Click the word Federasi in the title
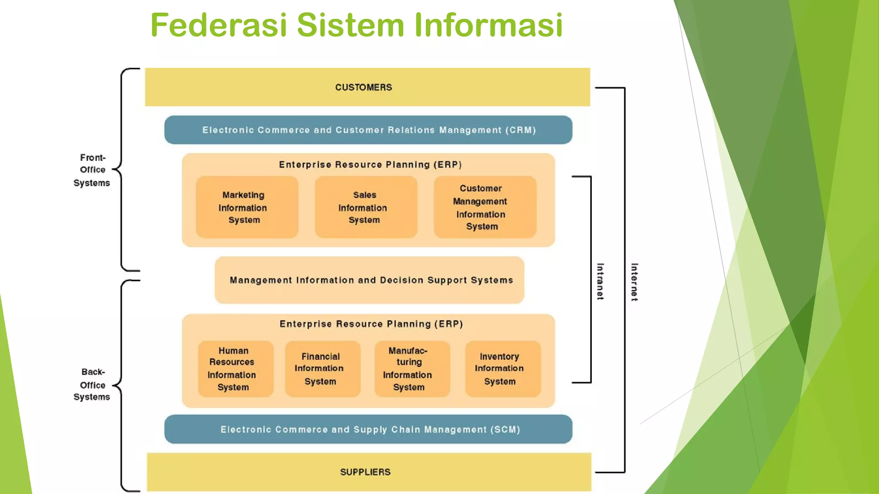[218, 25]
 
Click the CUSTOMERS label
[364, 87]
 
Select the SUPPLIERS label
[365, 472]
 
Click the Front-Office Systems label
[92, 170]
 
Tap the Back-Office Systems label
[92, 384]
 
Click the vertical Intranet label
[600, 281]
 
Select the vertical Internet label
[634, 282]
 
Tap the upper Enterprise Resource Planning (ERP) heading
[370, 165]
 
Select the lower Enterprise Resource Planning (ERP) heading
[371, 324]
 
